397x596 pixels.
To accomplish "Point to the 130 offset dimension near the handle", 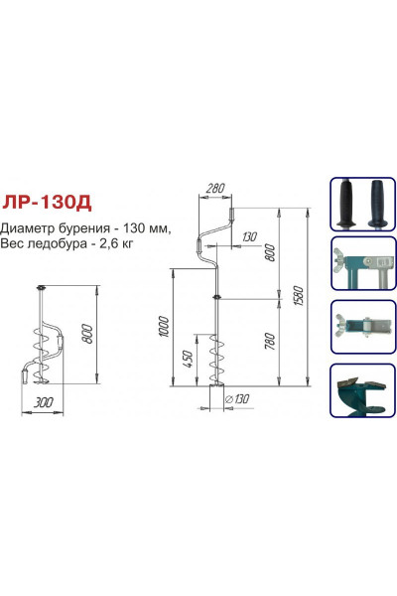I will [x=249, y=235].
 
